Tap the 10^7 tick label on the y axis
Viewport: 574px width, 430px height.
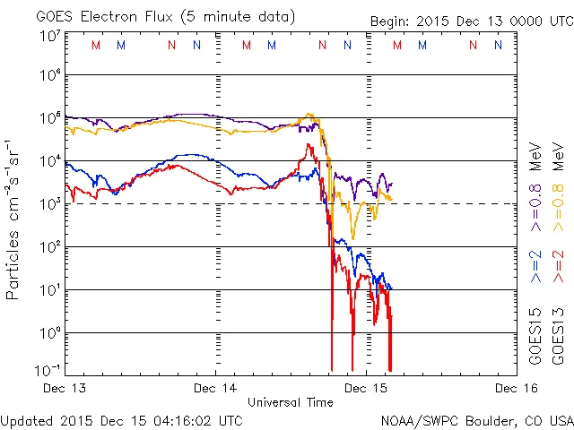coord(50,36)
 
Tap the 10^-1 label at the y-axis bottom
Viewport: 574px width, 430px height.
coord(50,369)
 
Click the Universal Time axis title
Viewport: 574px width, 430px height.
coord(290,402)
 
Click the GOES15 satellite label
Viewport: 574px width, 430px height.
coord(535,340)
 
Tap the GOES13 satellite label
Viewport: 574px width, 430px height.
coord(559,340)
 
